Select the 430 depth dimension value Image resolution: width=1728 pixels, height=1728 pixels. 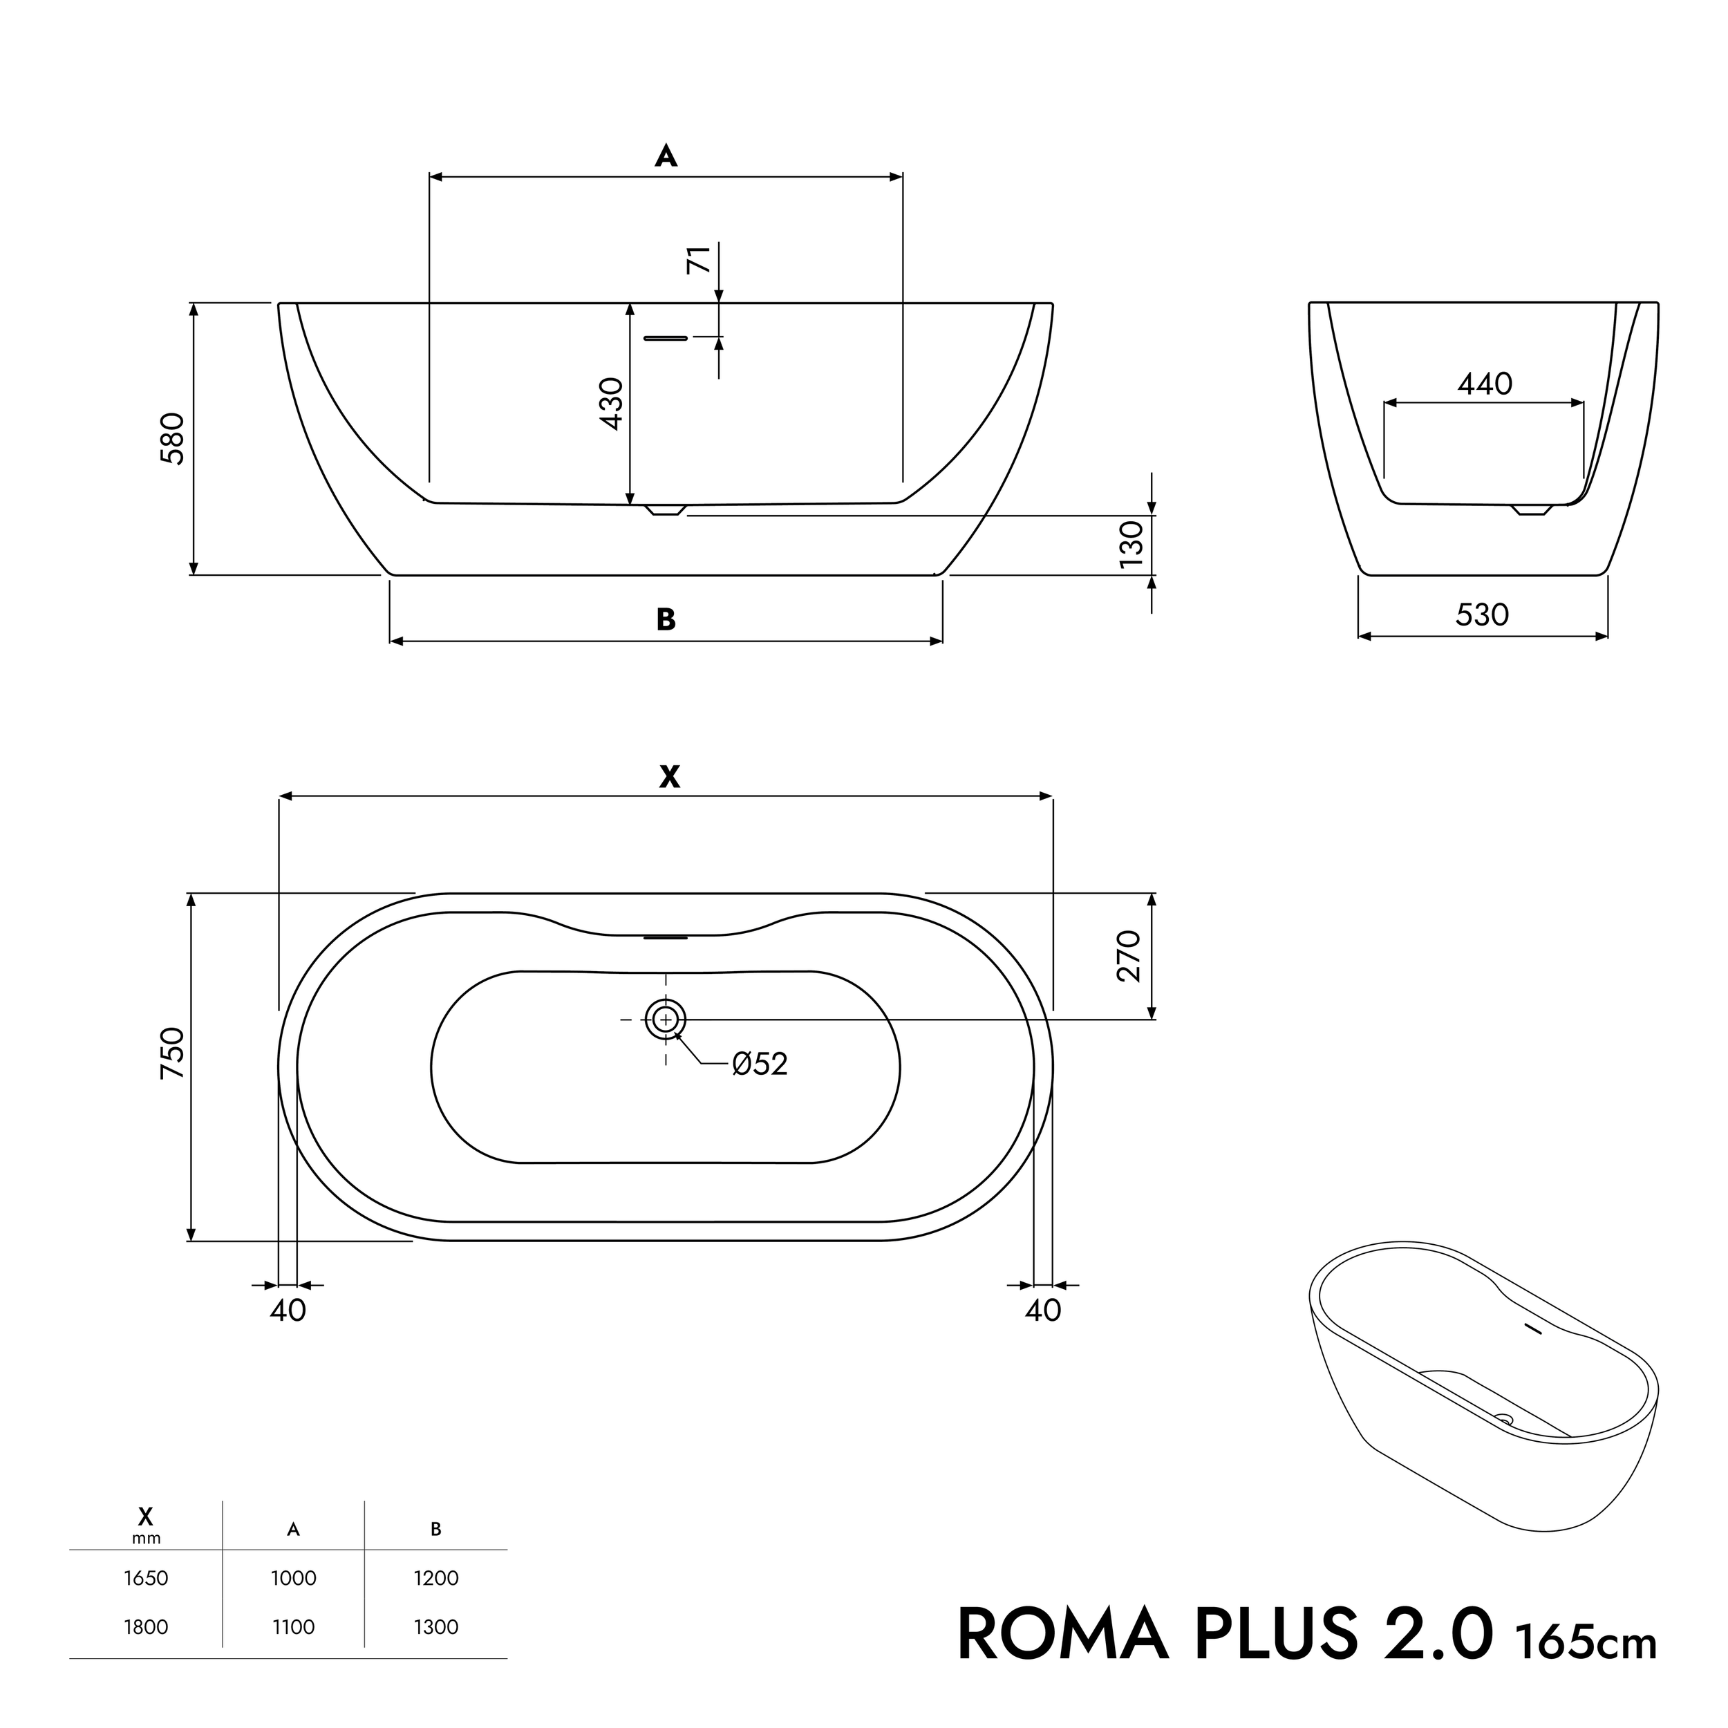tap(612, 404)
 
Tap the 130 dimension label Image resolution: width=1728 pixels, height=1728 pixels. tap(1131, 544)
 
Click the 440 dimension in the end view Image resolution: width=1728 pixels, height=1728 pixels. tap(1485, 384)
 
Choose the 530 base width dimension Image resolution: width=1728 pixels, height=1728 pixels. tap(1482, 614)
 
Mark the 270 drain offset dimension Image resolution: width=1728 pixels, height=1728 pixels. tap(1129, 955)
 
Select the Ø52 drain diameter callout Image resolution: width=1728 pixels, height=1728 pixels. tap(760, 1064)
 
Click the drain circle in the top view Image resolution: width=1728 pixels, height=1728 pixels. tap(664, 1019)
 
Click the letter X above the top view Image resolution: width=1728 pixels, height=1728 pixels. tap(669, 777)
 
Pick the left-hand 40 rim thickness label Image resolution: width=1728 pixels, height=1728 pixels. tap(288, 1311)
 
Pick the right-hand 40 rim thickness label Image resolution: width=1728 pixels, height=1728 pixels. tap(1043, 1311)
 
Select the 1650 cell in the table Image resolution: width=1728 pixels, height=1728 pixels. tap(146, 1578)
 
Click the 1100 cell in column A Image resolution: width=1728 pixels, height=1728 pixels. tap(293, 1627)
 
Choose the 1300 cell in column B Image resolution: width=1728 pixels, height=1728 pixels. tap(435, 1627)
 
